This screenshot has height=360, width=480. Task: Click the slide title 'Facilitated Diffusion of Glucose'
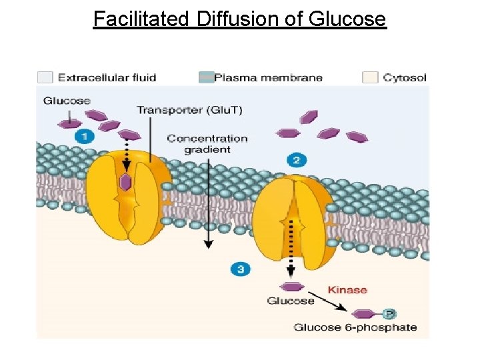[x=239, y=19]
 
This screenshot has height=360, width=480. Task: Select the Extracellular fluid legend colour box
[x=45, y=77]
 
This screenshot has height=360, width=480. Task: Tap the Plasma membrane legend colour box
[x=205, y=77]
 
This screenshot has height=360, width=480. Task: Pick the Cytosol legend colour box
[x=370, y=77]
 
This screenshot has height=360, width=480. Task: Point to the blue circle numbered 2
[x=297, y=159]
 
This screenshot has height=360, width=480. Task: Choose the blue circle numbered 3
[x=241, y=269]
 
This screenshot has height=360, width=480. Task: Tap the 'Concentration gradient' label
[x=207, y=144]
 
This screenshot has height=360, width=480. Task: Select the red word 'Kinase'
[x=347, y=290]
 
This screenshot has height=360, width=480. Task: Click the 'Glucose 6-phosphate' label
[x=355, y=327]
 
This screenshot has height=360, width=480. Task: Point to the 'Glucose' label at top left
[x=67, y=101]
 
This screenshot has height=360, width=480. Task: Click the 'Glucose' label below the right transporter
[x=291, y=301]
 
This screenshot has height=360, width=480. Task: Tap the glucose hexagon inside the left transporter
[x=125, y=182]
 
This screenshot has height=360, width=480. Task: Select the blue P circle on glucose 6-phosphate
[x=389, y=313]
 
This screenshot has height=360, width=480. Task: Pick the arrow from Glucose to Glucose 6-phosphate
[x=331, y=303]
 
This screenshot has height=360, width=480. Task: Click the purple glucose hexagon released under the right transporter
[x=291, y=287]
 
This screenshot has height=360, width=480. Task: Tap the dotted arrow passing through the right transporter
[x=291, y=247]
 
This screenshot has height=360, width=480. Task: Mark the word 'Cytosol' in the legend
[x=405, y=77]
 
